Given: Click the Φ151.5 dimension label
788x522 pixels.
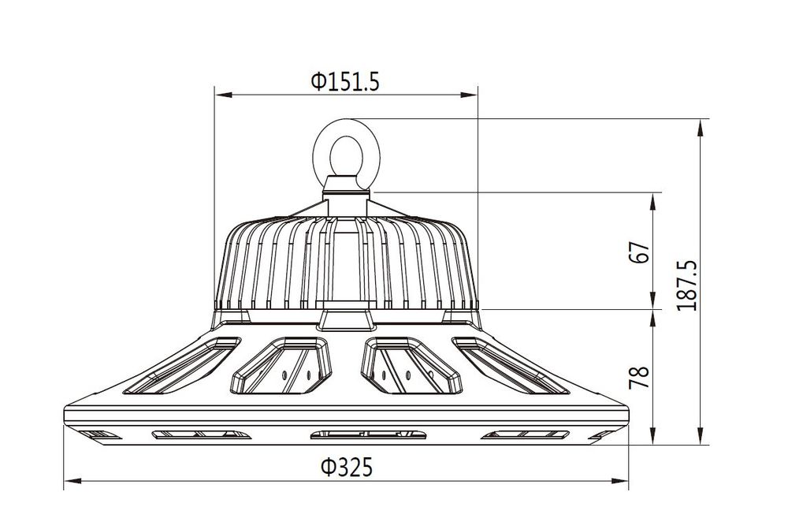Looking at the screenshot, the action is coord(345,81).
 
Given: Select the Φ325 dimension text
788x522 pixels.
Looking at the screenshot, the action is coord(348,467).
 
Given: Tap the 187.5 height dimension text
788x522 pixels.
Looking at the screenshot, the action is coord(687,285).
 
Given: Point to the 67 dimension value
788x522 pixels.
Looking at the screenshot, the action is coord(640,252).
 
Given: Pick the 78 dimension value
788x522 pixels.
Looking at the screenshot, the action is coord(640,377).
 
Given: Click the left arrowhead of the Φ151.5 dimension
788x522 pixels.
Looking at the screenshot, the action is coord(224,94).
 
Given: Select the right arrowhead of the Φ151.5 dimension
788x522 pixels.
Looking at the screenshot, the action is coord(469,94).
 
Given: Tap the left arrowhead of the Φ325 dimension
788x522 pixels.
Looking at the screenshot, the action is coord(72,481).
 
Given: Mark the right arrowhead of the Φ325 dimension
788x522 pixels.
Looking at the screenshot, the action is coord(619,481).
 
